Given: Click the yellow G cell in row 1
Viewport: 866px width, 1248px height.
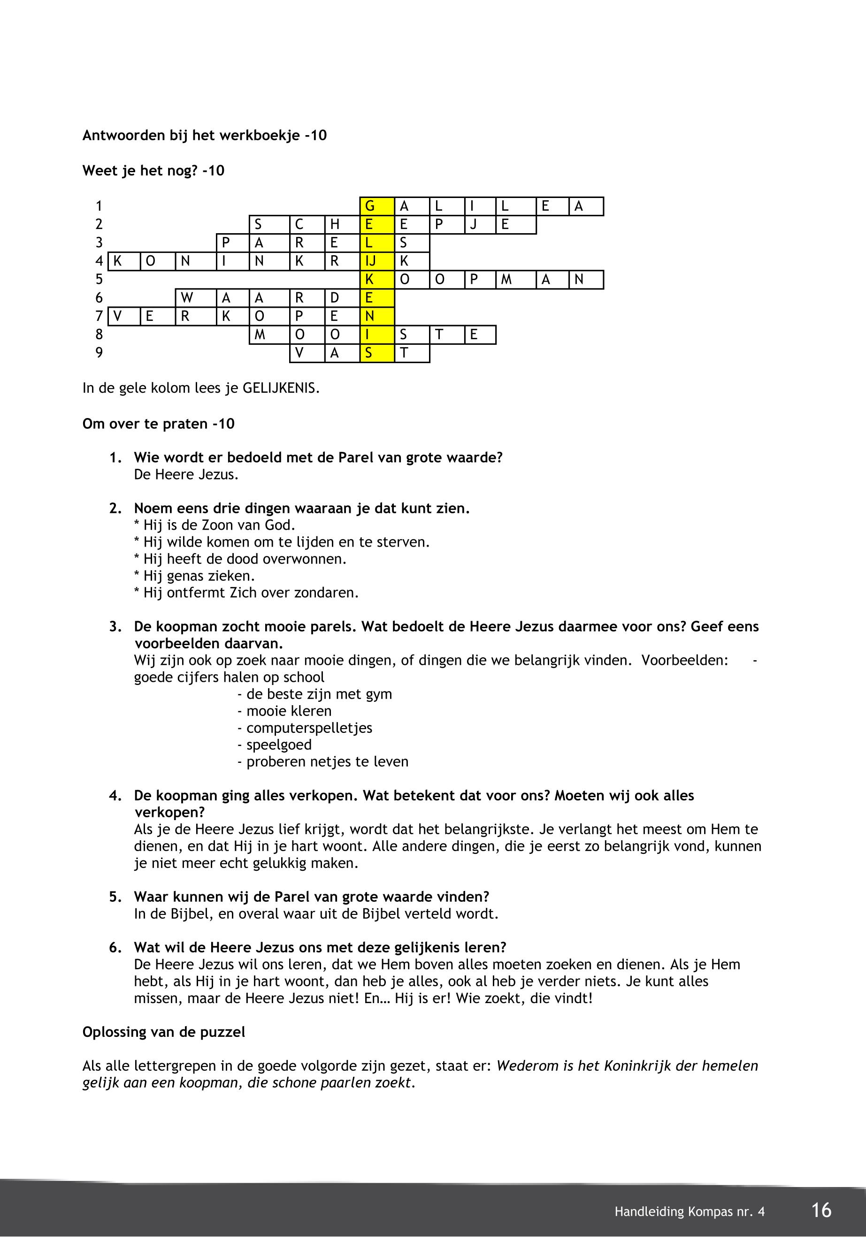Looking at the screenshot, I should coord(376,206).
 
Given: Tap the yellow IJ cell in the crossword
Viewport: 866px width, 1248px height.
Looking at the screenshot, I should coord(376,261).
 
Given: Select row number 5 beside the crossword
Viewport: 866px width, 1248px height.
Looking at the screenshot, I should coord(99,279).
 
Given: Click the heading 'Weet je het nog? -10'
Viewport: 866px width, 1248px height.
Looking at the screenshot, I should coord(153,171).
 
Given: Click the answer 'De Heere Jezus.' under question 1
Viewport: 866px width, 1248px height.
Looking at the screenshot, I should coord(186,475).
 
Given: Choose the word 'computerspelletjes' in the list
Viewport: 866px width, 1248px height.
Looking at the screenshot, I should coord(309,728).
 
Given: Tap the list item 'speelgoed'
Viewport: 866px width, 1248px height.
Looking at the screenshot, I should coord(279,745).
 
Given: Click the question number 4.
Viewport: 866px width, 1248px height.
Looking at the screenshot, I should coord(115,796).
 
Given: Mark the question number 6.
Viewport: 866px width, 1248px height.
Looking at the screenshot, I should coord(115,948).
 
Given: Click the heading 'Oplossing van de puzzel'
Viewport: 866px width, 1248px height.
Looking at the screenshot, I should coord(163,1032).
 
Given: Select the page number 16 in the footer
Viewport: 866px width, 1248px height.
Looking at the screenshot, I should coord(821,1210).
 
